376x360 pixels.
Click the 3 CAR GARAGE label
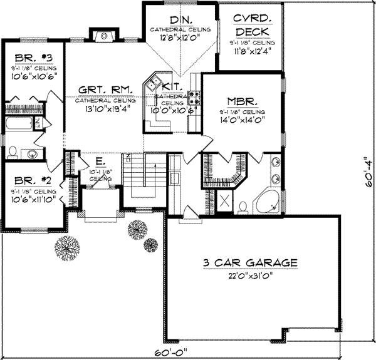coord(251,262)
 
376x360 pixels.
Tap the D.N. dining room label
coord(180,18)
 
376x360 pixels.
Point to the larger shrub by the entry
coord(66,246)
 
